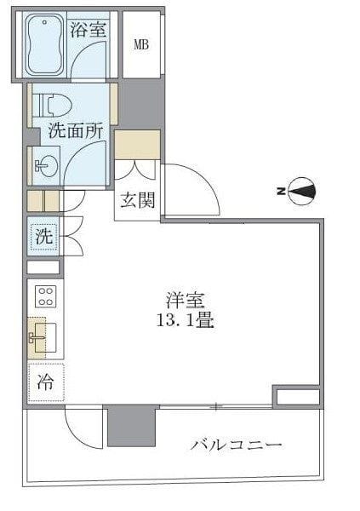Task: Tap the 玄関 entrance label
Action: [x=135, y=202]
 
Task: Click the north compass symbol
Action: [x=302, y=192]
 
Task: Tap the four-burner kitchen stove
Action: [x=45, y=296]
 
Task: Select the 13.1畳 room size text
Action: [x=183, y=322]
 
